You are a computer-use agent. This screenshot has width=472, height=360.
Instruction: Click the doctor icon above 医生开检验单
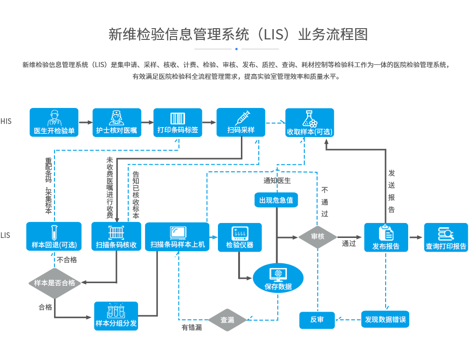(x=54, y=117)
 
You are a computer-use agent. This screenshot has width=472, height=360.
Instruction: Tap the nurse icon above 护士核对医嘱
(x=116, y=117)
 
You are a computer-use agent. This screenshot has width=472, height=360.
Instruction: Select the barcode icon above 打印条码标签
(x=178, y=118)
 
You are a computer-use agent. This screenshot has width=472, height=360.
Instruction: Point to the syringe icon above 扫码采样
(x=242, y=117)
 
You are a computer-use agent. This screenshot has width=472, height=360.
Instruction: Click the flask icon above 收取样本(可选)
(x=310, y=118)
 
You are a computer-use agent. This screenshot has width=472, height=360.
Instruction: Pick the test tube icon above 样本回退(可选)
(x=54, y=233)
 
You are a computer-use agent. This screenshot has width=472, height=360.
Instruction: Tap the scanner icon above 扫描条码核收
(x=116, y=233)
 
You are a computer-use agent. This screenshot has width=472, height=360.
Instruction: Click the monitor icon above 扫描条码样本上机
(x=178, y=233)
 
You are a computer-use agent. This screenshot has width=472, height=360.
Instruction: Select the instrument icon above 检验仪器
(x=240, y=233)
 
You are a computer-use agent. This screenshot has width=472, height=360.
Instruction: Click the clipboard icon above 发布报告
(x=386, y=233)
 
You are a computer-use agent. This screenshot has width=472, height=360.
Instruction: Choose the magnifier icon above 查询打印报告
(x=445, y=233)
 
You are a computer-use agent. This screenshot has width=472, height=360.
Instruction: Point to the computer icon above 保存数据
(x=278, y=275)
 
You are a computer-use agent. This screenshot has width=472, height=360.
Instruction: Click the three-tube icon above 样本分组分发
(x=116, y=311)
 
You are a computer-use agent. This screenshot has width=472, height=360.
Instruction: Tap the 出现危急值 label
(x=276, y=200)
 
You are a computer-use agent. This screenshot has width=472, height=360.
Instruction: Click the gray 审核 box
(x=318, y=236)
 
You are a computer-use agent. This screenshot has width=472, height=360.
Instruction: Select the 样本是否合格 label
(x=54, y=283)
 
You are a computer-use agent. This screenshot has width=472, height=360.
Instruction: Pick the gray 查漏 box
(x=227, y=320)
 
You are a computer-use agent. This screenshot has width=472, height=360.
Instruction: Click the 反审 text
(x=317, y=320)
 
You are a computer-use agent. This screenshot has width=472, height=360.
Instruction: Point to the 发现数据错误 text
(x=385, y=320)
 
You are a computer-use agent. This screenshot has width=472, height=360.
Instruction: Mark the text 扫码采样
(x=241, y=130)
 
